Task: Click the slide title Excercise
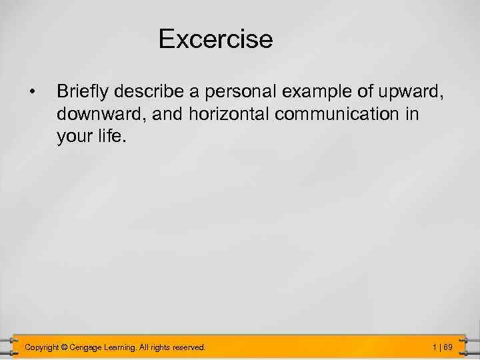click(x=215, y=39)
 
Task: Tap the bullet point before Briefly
click(x=31, y=90)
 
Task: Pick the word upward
click(x=413, y=91)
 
